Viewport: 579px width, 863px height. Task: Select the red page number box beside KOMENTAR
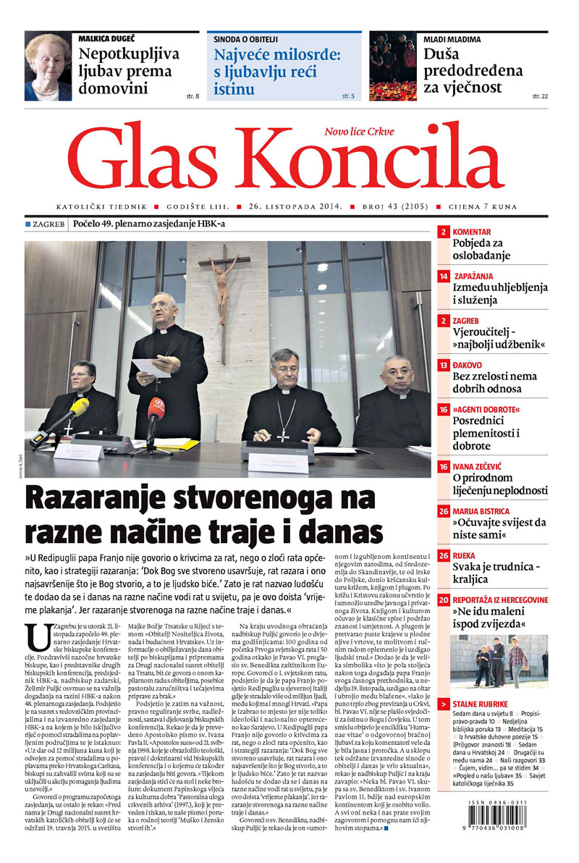click(443, 232)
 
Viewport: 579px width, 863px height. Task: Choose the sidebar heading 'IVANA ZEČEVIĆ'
click(481, 467)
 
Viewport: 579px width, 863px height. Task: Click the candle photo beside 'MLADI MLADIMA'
click(393, 67)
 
